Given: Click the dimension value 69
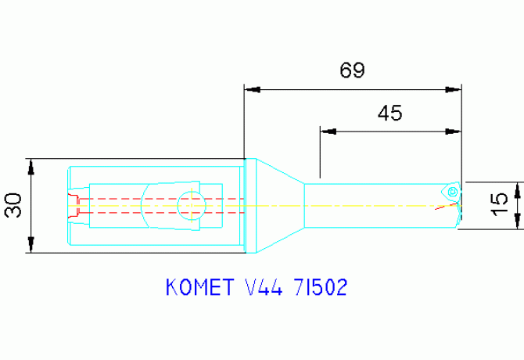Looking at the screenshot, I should (x=352, y=71).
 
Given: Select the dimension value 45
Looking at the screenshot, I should (x=389, y=113).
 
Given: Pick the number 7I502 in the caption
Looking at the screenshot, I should (x=318, y=288).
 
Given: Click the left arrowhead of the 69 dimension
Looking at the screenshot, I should (x=252, y=88).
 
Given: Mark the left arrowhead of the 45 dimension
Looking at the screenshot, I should (x=328, y=131).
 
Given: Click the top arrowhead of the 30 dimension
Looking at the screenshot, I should (x=31, y=165).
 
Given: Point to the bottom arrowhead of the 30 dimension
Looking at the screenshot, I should (x=31, y=246).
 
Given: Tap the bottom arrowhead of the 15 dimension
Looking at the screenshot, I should (x=517, y=223).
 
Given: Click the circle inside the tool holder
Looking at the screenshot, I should (x=191, y=206).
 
